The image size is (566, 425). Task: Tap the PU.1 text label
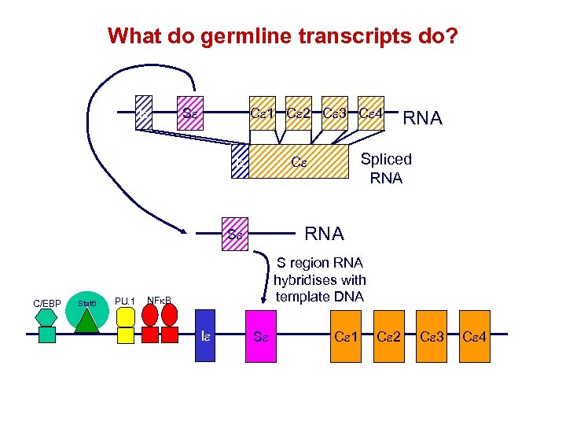click(x=125, y=300)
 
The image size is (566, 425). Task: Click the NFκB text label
click(x=160, y=300)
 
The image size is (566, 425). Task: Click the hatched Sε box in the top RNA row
click(x=189, y=113)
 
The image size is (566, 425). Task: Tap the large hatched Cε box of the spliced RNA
click(x=299, y=164)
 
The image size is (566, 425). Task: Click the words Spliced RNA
click(x=385, y=168)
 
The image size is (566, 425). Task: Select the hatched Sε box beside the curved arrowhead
click(x=234, y=235)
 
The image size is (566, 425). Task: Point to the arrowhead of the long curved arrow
click(x=183, y=231)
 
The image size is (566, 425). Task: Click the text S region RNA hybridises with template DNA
click(x=319, y=280)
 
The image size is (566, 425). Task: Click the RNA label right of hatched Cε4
click(x=422, y=118)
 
